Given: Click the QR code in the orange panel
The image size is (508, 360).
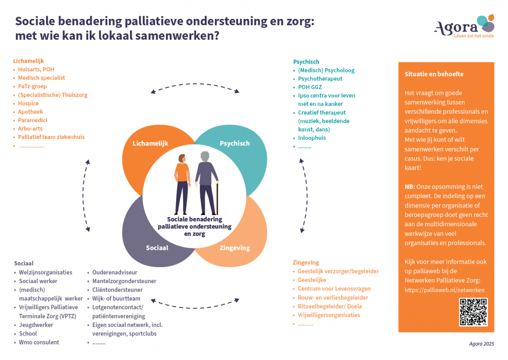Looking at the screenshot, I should tap(473, 311).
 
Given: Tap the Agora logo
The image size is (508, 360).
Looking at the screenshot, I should tap(464, 27).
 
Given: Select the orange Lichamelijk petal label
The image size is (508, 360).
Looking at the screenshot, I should tap(150, 144).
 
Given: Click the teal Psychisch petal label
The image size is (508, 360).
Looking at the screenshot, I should tap(235, 144).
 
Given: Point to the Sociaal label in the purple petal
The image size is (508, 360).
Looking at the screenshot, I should tap(157, 248).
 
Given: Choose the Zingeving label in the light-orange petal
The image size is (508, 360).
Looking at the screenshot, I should tap(235, 248).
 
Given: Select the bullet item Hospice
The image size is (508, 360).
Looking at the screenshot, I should tap(28, 104).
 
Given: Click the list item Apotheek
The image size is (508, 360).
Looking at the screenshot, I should tap(30, 112).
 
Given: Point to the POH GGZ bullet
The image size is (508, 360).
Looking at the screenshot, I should tap(311, 87).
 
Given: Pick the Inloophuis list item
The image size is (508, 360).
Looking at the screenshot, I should tap(312, 138).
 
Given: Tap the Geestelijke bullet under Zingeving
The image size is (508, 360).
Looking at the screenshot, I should tap(312, 280).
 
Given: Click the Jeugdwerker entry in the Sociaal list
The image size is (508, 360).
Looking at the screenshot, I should tap(36, 325).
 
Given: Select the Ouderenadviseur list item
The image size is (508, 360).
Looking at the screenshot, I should tap(115, 272).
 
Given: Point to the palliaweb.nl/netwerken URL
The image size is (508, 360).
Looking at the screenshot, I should tap(444, 290).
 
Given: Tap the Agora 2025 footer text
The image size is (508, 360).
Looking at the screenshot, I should tap(482, 344).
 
